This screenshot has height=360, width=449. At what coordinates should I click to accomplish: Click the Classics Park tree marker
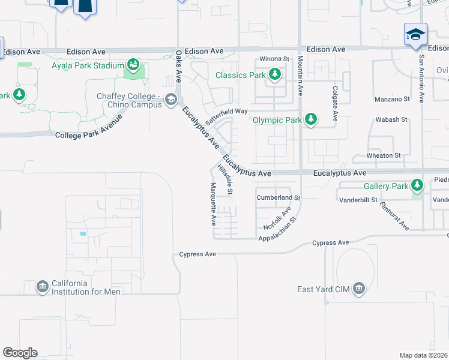pyautogui.click(x=275, y=74)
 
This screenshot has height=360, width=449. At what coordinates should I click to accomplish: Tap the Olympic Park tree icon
pyautogui.click(x=311, y=119)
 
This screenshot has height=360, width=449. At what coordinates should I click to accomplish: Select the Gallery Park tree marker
pyautogui.click(x=417, y=185)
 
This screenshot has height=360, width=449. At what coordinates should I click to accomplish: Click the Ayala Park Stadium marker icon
pyautogui.click(x=133, y=64)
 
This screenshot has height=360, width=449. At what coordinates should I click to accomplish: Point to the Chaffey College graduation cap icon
pyautogui.click(x=171, y=99)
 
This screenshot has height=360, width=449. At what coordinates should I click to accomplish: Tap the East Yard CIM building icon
pyautogui.click(x=359, y=289)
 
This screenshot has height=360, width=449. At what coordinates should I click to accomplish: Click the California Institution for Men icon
pyautogui.click(x=42, y=286)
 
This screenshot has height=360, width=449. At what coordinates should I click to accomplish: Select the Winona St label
pyautogui.click(x=274, y=59)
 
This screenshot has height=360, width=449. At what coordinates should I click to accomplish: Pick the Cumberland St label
pyautogui.click(x=278, y=197)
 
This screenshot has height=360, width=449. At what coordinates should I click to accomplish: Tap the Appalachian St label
pyautogui.click(x=277, y=229)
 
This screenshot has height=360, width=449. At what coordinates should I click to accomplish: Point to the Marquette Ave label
pyautogui.click(x=212, y=203)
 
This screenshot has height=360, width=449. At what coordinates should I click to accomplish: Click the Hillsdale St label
pyautogui.click(x=226, y=180)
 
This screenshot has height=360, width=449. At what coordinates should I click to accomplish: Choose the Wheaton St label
pyautogui.click(x=384, y=155)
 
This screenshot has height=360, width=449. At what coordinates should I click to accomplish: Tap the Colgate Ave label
pyautogui.click(x=336, y=101)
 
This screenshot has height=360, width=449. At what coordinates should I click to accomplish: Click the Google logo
pyautogui.click(x=20, y=353)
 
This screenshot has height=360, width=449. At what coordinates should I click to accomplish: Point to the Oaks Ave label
pyautogui.click(x=178, y=66)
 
